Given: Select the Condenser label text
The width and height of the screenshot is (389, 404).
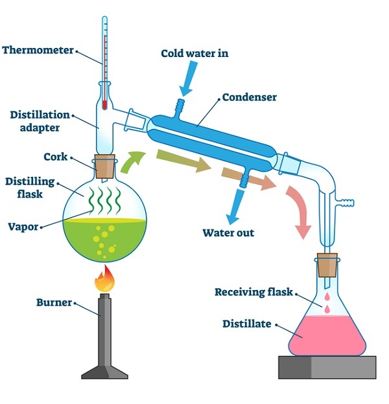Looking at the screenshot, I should [250, 98].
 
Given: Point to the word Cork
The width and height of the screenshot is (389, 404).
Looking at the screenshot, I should [56, 157].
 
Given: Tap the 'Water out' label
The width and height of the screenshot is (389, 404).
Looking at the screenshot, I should [228, 233].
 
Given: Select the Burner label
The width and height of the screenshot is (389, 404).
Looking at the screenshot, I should [54, 302].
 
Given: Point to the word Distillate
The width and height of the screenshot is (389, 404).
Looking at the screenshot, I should [246, 323].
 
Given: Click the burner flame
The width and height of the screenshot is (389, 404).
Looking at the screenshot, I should [104, 281].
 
